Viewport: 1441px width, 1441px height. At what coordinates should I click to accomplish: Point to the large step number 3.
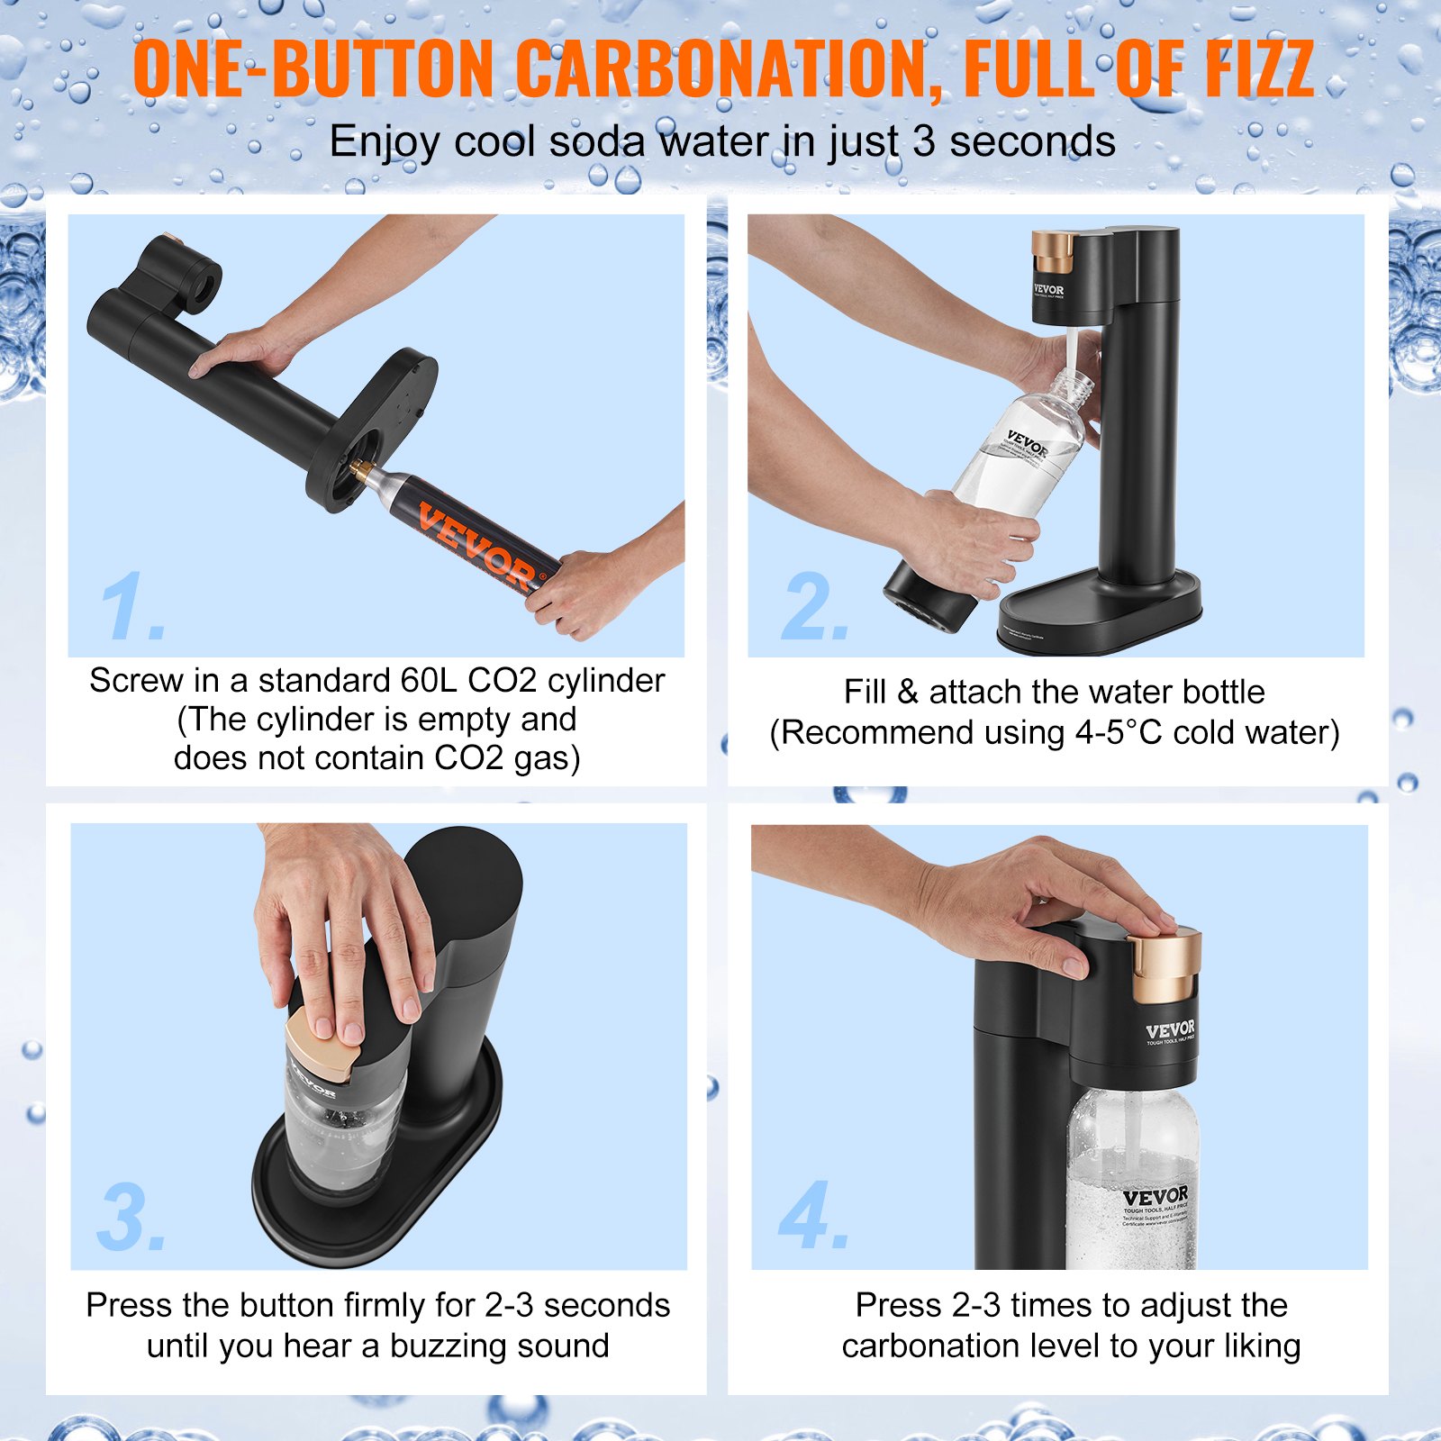(x=128, y=1218)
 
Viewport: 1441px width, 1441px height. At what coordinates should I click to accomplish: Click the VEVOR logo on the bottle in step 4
(x=1155, y=1197)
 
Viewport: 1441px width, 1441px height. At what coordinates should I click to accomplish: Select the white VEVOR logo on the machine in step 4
(x=1170, y=1029)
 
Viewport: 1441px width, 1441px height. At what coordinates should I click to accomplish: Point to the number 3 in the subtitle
(x=923, y=142)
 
